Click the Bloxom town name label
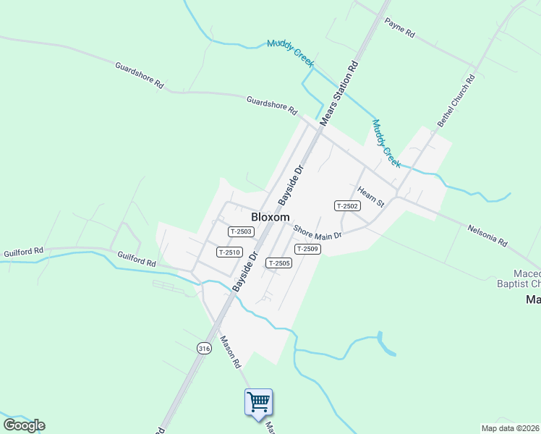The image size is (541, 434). (270, 216)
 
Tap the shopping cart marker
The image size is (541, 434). (258, 401)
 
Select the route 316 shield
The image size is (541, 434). (204, 348)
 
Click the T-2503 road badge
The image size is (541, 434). (241, 231)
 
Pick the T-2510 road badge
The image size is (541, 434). (229, 252)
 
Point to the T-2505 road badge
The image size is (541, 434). (278, 263)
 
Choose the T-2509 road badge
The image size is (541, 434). (307, 249)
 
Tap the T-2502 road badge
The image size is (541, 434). (347, 206)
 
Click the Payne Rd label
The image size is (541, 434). (399, 28)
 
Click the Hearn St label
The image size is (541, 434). (370, 197)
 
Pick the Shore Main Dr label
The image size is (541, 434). (317, 230)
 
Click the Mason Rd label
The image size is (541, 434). (230, 352)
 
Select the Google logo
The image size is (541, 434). (24, 425)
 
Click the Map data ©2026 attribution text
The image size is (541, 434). (510, 428)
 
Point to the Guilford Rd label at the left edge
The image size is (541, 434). (23, 251)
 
